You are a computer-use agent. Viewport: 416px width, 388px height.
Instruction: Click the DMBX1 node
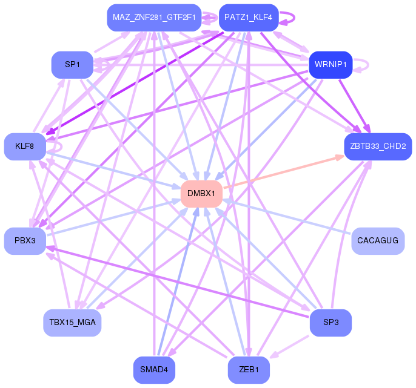201,194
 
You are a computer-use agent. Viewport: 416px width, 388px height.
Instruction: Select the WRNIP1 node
330,64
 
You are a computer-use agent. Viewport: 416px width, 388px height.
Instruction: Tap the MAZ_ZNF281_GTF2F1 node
154,18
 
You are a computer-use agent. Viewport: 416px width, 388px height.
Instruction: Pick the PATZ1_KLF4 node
248,18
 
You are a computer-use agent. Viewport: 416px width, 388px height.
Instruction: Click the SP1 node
72,65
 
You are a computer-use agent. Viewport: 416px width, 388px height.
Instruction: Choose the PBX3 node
25,241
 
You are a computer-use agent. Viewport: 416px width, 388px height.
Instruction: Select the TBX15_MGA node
72,323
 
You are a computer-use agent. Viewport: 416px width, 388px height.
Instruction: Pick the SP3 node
330,323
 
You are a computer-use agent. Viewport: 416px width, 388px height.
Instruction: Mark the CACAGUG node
378,241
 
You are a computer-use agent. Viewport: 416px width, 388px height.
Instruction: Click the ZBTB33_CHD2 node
378,146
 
